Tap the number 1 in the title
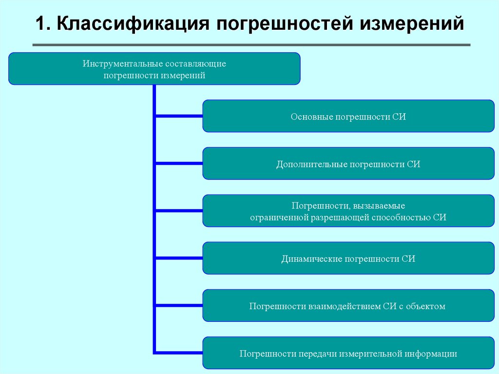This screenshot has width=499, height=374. coord(41,25)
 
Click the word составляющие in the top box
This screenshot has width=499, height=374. coord(196,64)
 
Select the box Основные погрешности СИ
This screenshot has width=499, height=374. coord(348,116)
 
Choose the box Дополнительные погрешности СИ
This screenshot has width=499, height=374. coord(348,163)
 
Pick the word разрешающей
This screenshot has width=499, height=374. coord(339,217)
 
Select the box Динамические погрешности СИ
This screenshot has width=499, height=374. coord(348,258)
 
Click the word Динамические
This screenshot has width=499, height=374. coord(312,259)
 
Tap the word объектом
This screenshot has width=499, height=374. coord(427,306)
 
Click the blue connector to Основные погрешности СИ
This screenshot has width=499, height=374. coord(178,116)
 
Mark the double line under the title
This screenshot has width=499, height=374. coord(251,45)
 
